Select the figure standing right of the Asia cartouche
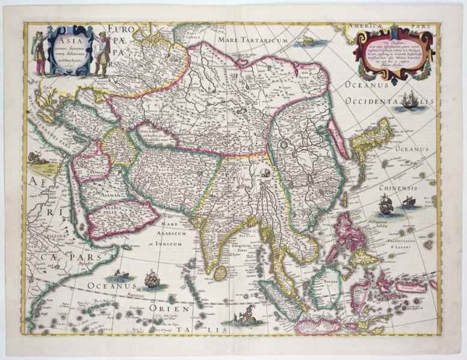click(x=101, y=54)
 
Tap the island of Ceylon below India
click(x=220, y=273)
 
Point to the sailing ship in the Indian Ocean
click(x=149, y=278)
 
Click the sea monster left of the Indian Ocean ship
click(x=121, y=275)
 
